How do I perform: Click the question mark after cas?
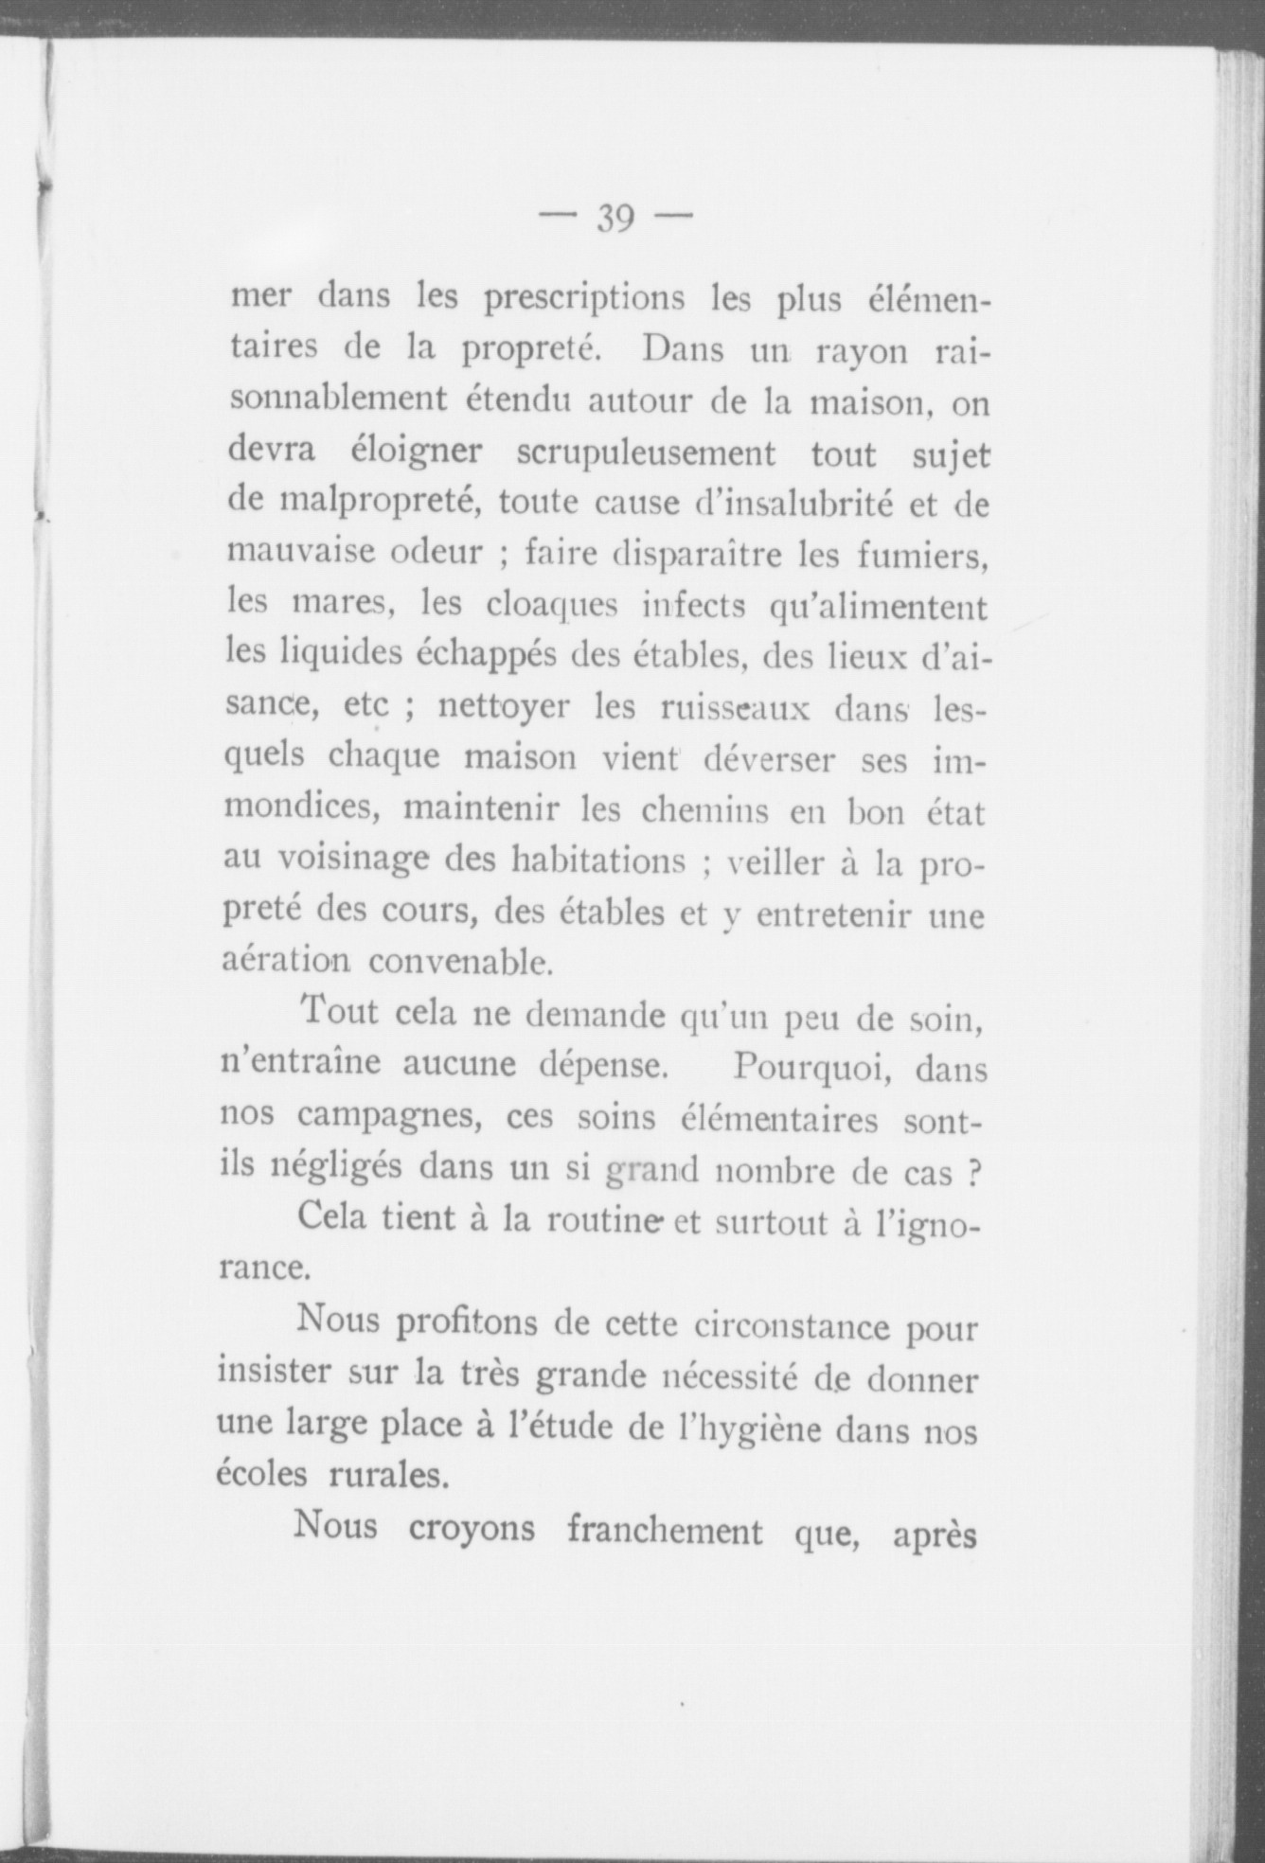click(x=971, y=1170)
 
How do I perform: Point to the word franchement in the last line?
click(x=664, y=1530)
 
